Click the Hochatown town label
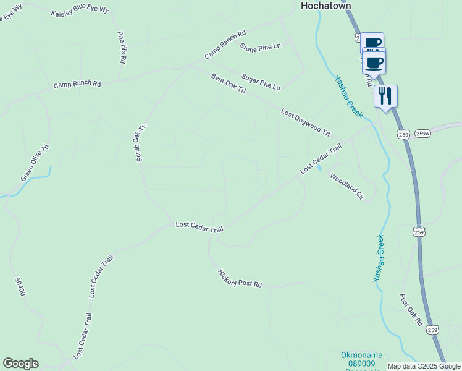point(325,6)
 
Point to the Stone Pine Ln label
point(260,47)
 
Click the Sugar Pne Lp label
point(261,82)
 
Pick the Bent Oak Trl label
point(229,84)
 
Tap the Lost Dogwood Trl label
point(306,122)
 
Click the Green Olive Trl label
point(35,164)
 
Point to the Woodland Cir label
point(346,186)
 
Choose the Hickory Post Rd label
point(240,279)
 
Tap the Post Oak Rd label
point(411,310)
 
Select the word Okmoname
point(361,355)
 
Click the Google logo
point(20,363)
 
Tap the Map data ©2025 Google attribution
point(424,366)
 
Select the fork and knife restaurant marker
point(385,96)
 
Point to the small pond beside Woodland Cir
point(319,169)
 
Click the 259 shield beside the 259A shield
point(404,134)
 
